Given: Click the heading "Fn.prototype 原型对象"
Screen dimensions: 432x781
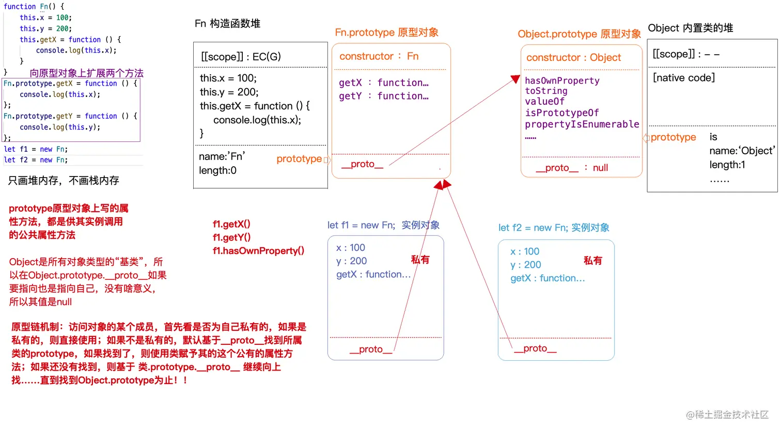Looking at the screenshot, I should tap(386, 33).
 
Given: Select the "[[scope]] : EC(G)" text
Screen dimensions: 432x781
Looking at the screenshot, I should tap(241, 57).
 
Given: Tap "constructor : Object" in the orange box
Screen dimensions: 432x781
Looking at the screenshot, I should tap(573, 58).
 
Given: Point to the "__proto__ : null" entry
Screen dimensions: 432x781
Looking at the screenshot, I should tap(572, 168).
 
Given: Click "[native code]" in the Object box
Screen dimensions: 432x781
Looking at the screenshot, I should tap(684, 78).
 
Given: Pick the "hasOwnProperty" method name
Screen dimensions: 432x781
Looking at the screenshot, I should tap(562, 81).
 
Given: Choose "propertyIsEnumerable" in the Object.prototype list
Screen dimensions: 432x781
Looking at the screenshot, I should tap(582, 124).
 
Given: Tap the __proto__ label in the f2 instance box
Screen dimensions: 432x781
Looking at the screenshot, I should tap(535, 348).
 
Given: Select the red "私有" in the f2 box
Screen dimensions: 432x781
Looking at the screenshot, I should tap(592, 261).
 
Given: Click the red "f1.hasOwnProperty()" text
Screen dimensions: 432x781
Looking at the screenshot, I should tap(258, 251).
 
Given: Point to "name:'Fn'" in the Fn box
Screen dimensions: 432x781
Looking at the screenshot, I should tap(222, 156).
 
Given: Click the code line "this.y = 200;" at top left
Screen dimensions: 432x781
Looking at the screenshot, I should tap(45, 29).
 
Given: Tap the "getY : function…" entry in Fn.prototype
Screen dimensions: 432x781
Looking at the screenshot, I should tap(383, 96).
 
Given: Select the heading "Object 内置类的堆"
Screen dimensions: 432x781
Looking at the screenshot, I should tap(690, 28).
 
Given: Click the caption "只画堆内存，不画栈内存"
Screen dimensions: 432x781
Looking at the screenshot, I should tap(64, 181).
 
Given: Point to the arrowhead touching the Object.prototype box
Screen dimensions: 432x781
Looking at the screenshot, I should tap(515, 79).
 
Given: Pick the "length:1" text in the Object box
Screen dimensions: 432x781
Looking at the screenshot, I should tap(727, 165).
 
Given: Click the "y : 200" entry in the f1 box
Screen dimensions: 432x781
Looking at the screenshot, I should tap(351, 261).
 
